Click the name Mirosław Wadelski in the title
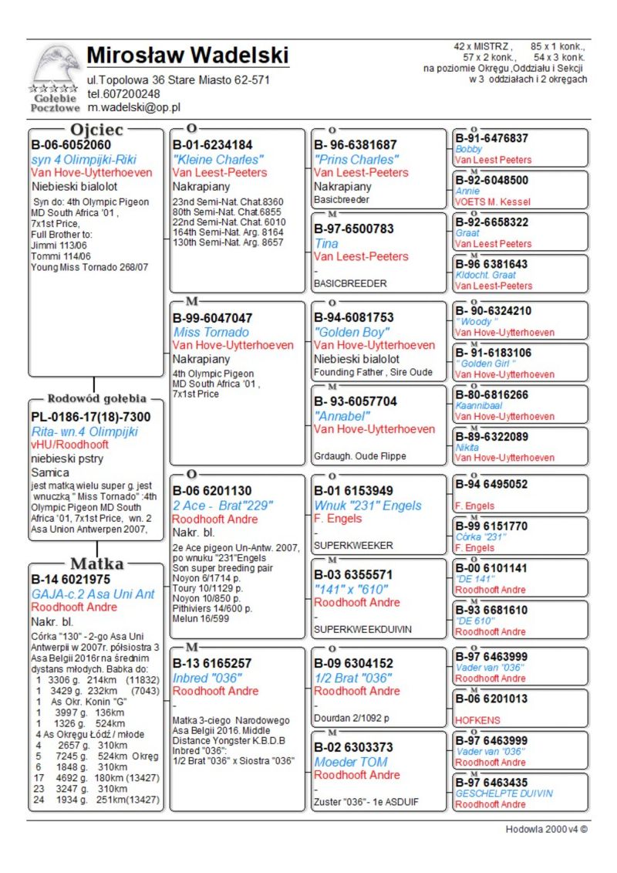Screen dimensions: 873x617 coord(187,56)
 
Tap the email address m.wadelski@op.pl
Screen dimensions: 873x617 coord(133,108)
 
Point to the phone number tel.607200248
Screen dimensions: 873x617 coord(123,94)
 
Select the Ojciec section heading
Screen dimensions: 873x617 coord(96,130)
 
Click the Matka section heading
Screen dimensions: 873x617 coord(96,563)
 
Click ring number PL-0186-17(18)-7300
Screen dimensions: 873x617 coord(91,417)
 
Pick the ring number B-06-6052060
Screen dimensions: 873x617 coord(71,144)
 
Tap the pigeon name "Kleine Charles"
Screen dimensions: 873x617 coord(219,159)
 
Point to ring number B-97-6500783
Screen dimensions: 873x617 coord(354,228)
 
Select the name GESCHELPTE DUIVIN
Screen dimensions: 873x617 coord(504,793)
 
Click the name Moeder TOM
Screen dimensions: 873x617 coord(351,761)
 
